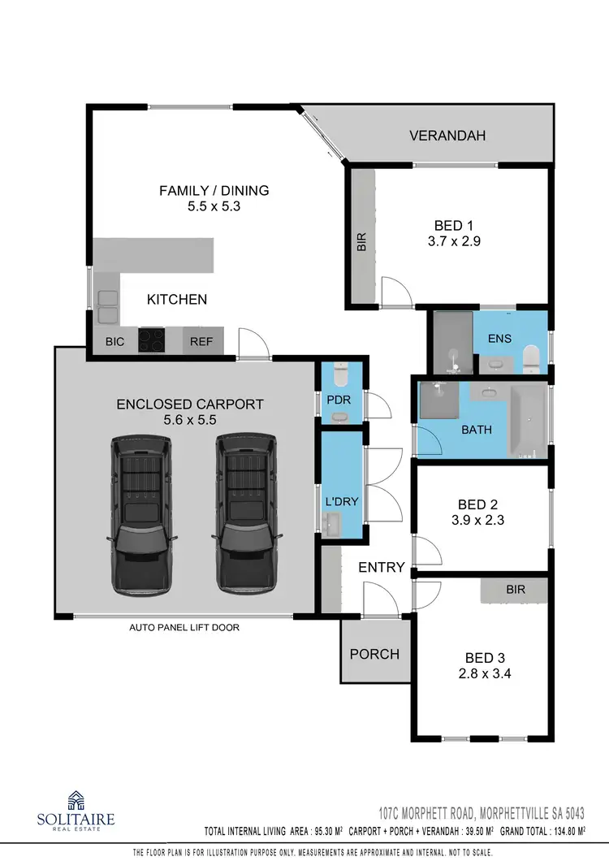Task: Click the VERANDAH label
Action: coord(447,136)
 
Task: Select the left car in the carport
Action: coord(142,513)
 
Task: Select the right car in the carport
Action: coord(244,513)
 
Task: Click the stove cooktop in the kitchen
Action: coord(152,340)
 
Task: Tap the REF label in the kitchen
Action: coord(201,342)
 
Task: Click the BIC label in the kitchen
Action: coord(114,342)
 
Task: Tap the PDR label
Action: coord(338,400)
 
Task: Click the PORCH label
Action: coord(374,654)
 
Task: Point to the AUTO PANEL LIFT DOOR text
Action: coord(184,627)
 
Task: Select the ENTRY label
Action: coord(382,567)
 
